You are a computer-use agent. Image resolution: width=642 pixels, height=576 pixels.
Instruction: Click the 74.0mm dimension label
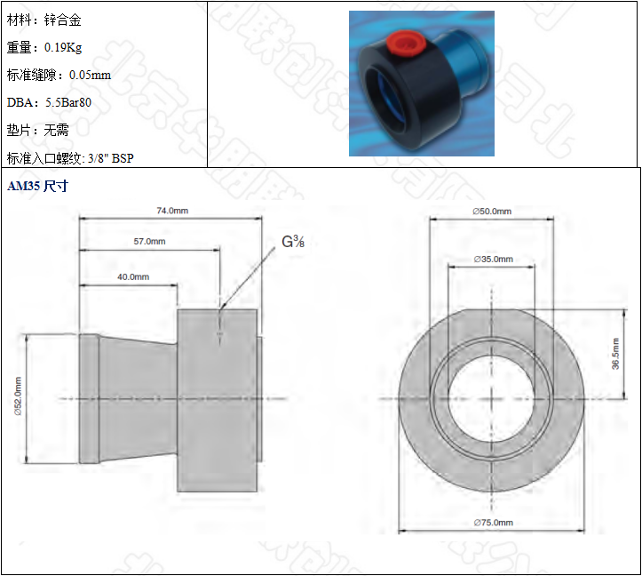tap(172, 211)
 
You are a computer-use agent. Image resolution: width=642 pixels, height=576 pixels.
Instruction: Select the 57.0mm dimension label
tap(148, 241)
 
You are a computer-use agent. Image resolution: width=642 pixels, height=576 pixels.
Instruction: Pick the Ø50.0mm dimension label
tap(492, 211)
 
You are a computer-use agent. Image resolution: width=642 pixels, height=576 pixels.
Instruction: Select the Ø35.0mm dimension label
tap(493, 259)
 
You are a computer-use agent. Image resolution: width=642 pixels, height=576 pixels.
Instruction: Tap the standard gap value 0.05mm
tap(90, 75)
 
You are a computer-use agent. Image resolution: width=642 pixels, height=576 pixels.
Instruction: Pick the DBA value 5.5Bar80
tap(68, 102)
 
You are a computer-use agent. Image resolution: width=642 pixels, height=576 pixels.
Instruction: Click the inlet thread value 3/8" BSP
tap(110, 158)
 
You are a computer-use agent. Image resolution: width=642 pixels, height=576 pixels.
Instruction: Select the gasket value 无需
tap(56, 130)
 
